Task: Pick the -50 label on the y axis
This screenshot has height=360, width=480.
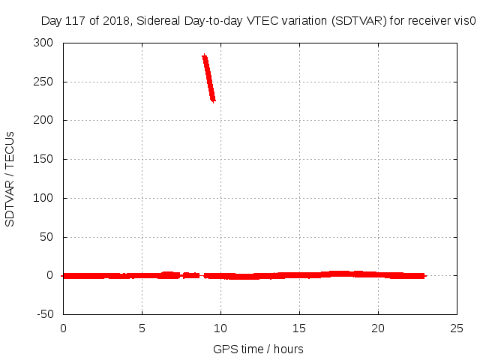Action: [45, 314]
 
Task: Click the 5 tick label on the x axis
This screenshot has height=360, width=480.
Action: [142, 328]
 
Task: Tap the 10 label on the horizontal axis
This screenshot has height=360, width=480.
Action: [220, 328]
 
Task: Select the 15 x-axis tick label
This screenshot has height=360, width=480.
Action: [299, 328]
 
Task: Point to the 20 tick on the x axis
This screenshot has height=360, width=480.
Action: [378, 328]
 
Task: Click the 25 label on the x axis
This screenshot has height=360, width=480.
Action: [457, 328]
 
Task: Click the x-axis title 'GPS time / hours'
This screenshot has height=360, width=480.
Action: [258, 349]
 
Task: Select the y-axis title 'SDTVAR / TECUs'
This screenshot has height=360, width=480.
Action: [10, 178]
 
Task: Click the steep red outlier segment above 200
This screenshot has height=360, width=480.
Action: [208, 78]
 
